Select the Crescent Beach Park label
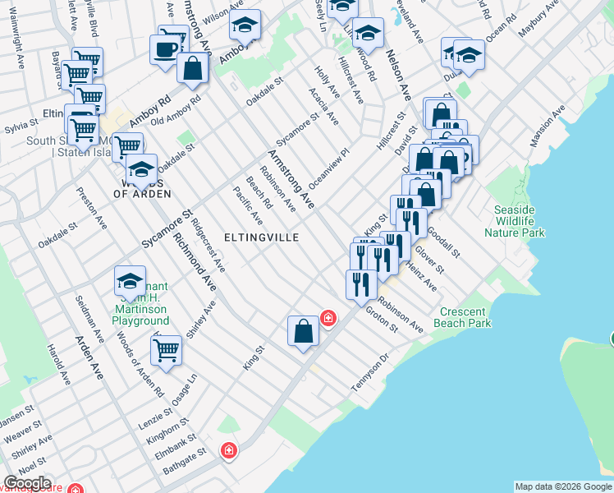click(x=465, y=317)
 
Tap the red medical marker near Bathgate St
click(x=229, y=450)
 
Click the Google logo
click(x=28, y=483)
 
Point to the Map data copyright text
click(x=562, y=486)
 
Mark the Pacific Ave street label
click(x=247, y=206)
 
